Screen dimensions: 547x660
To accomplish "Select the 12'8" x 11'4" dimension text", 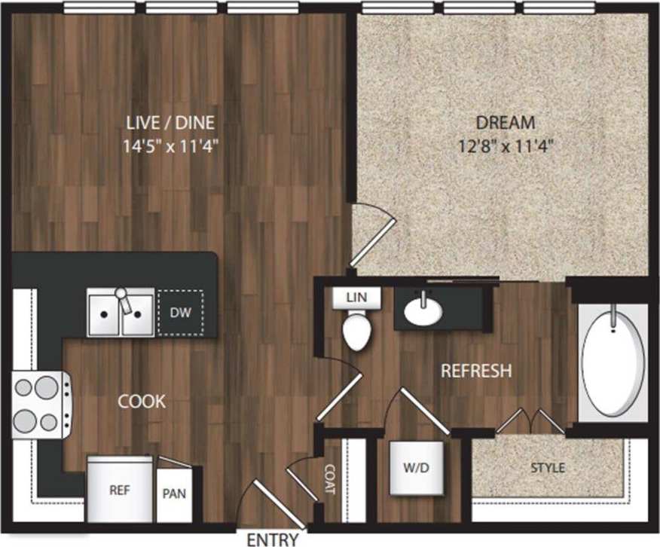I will click(x=506, y=145).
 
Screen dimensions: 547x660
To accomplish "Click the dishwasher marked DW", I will click(x=179, y=312).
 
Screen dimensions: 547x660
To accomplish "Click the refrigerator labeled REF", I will click(x=120, y=490).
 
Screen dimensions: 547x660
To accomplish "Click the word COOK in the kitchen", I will click(x=142, y=401).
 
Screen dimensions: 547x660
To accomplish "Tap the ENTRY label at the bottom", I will click(x=273, y=539).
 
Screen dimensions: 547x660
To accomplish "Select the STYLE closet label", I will click(x=548, y=468).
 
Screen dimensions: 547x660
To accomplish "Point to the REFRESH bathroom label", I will click(x=476, y=371).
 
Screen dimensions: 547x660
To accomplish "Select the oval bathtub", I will click(x=615, y=364).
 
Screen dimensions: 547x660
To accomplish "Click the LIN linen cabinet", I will click(x=356, y=297).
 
